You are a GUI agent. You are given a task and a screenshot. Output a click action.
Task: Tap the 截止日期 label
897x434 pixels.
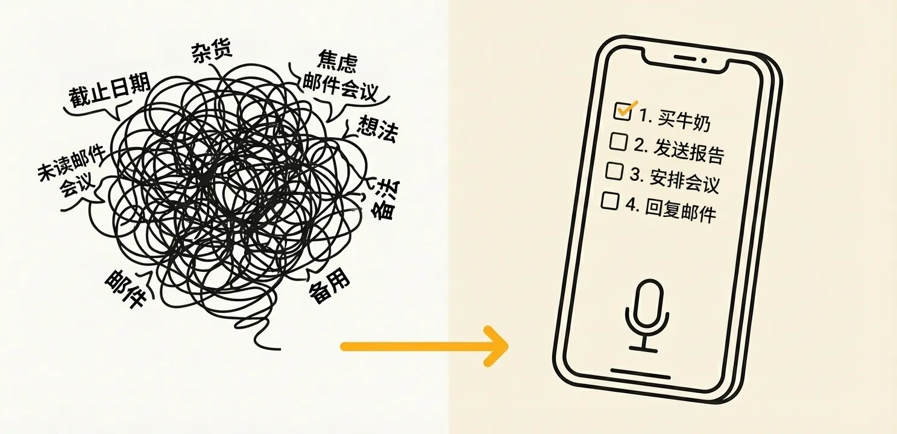pos(109,92)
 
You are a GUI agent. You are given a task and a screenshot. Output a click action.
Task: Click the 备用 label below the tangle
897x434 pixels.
pos(329,289)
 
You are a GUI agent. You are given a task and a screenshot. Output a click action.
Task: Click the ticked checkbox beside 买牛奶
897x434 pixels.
pos(622,111)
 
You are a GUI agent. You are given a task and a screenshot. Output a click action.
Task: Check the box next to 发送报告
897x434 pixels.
pos(618,142)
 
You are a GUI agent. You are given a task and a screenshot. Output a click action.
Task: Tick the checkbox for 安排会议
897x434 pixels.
pos(614,171)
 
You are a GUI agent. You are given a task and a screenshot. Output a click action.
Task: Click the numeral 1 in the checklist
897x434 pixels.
pos(643,116)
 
